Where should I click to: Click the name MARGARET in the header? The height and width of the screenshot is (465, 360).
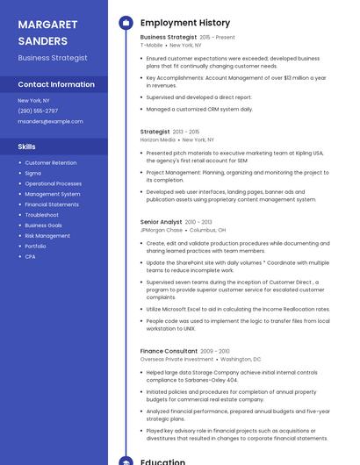click(48, 24)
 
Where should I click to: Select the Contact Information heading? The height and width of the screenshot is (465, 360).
click(56, 85)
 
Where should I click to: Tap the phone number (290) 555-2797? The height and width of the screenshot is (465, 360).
click(38, 111)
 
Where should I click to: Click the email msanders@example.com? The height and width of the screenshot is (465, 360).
click(50, 121)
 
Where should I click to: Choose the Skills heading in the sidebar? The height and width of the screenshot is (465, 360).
click(27, 147)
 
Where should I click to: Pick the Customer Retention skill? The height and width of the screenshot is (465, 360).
click(50, 162)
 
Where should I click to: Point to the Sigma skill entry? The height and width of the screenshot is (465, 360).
click(33, 173)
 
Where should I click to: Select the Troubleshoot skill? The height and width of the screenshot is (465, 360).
click(42, 215)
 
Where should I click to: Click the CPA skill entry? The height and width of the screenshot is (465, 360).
click(31, 257)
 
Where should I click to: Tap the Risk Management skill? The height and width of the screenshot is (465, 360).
click(47, 236)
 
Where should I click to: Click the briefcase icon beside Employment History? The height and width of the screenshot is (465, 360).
click(126, 23)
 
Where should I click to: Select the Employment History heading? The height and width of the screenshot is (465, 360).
click(185, 23)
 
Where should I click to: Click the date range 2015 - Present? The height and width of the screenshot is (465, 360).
click(217, 38)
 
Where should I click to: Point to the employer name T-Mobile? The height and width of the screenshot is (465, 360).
click(151, 45)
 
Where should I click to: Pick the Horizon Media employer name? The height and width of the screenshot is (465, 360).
click(157, 139)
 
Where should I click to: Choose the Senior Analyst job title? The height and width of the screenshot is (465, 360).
click(161, 222)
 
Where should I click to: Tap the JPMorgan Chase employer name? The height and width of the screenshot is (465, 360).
click(161, 230)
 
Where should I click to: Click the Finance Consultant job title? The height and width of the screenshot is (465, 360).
click(168, 351)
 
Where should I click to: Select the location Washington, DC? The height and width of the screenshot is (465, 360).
click(241, 359)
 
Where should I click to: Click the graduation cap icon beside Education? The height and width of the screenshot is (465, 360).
click(126, 460)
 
